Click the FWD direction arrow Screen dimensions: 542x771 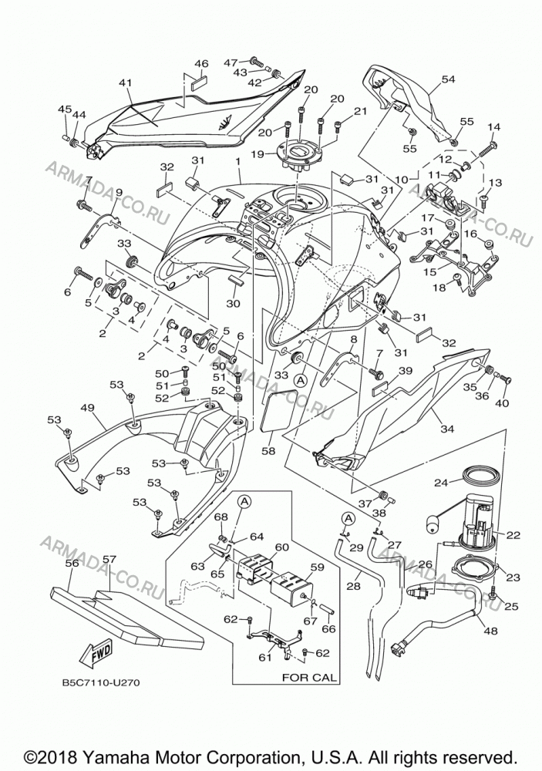click(98, 654)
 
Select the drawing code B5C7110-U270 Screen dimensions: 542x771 click(97, 682)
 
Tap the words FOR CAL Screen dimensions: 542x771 click(309, 677)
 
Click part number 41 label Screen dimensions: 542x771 click(126, 83)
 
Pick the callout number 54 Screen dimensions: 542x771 click(448, 79)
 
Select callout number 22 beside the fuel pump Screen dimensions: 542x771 click(513, 535)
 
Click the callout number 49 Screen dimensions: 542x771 click(87, 408)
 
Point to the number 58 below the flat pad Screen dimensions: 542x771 click(268, 450)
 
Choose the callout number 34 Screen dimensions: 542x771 click(447, 429)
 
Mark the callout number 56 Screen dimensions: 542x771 click(72, 563)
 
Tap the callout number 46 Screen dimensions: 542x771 click(201, 63)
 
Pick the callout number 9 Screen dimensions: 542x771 click(119, 192)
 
